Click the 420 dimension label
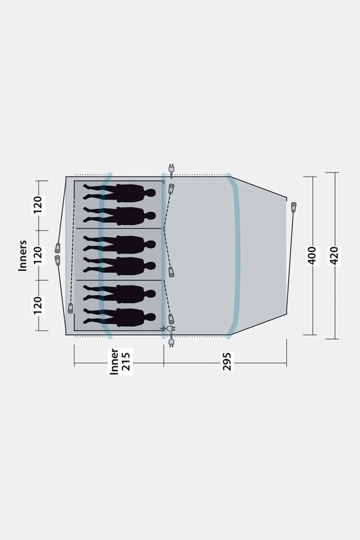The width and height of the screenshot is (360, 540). (x=334, y=255)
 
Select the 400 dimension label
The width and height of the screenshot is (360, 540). (x=312, y=255)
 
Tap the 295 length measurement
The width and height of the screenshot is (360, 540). (x=227, y=361)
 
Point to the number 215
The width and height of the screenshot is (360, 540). (x=126, y=361)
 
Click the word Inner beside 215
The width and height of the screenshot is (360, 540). (x=115, y=361)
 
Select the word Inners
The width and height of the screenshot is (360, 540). (x=23, y=255)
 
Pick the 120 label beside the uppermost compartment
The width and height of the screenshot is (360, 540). (x=38, y=205)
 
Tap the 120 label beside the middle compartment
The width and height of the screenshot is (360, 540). (x=38, y=255)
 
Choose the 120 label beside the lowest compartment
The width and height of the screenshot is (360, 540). (x=38, y=306)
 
